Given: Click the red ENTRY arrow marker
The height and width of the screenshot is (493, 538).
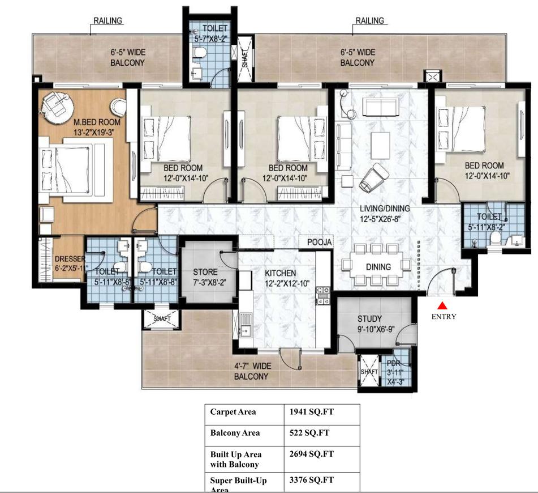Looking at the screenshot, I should [x=443, y=305].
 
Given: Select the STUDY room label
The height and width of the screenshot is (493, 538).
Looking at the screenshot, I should [x=369, y=319].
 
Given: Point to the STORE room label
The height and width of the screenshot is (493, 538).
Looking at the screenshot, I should [x=205, y=272].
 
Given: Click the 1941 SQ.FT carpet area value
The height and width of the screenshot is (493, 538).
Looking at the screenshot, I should [x=311, y=412].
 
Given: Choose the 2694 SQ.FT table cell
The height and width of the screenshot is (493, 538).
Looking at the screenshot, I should [x=311, y=454].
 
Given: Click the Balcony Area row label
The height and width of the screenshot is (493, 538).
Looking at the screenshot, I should [x=235, y=433].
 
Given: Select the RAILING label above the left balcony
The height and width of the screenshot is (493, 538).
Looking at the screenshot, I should [x=107, y=21].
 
